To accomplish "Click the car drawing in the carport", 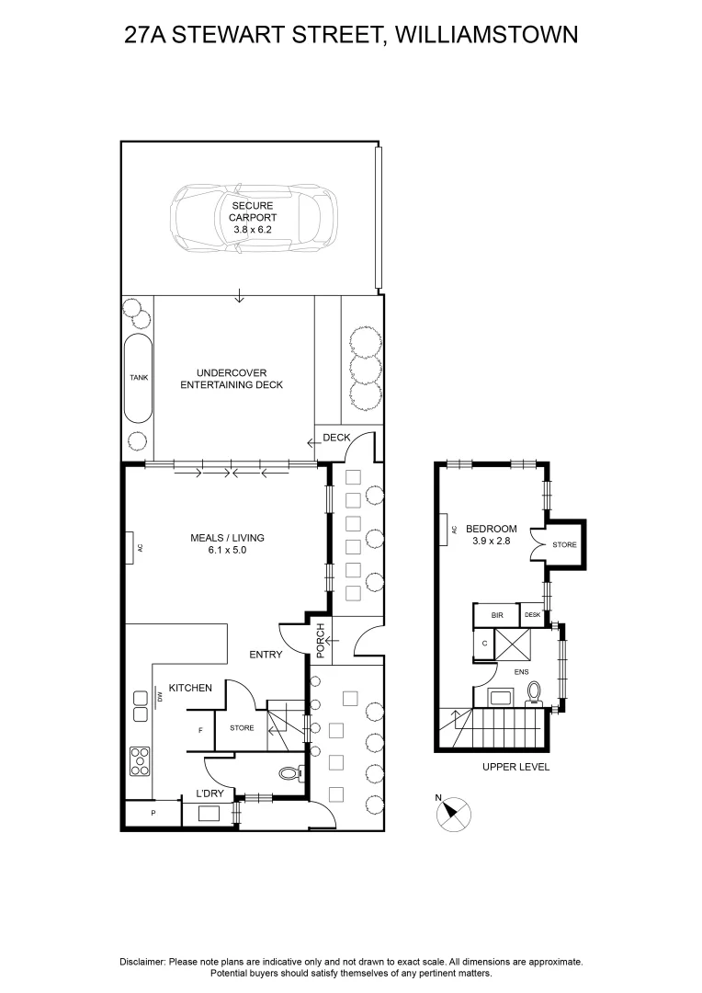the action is coord(254,218).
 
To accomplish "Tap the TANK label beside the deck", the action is coord(139,378).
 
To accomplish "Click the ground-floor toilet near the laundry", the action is coord(291,773).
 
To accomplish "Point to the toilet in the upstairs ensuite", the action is coord(534,693).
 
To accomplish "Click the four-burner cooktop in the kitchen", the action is coord(140,761).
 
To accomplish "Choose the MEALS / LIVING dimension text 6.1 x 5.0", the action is coord(227,551).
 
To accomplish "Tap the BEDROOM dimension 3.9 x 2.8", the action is coord(492,542).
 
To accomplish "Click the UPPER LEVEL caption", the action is coord(515,767).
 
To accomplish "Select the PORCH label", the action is coord(321,640).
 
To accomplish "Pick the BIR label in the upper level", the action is coord(497,615).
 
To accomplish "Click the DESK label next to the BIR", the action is coord(532,615).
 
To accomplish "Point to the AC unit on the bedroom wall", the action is coord(445,529).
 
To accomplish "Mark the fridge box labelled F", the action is coord(200,730).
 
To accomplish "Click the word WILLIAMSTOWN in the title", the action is coord(486,34).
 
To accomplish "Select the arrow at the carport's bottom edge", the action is coord(239,295).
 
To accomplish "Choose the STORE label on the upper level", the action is coord(565,544).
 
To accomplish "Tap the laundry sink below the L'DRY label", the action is coord(209,814).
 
